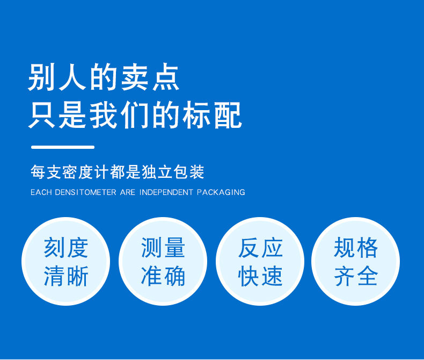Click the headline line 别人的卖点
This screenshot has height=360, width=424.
pyautogui.click(x=104, y=77)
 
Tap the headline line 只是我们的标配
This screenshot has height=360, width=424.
pyautogui.click(x=135, y=115)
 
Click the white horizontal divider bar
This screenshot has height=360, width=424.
pyautogui.click(x=63, y=147)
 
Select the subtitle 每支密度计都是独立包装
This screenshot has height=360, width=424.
pyautogui.click(x=118, y=172)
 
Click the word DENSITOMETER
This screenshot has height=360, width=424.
pyautogui.click(x=85, y=192)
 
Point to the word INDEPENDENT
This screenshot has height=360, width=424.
pyautogui.click(x=166, y=192)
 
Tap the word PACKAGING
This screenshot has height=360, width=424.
pyautogui.click(x=221, y=192)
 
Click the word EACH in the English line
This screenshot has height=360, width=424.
pyautogui.click(x=41, y=192)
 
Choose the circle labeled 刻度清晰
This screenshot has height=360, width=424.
pyautogui.click(x=65, y=262)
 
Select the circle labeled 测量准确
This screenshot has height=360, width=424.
pyautogui.click(x=163, y=262)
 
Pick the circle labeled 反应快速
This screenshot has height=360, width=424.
pyautogui.click(x=260, y=262)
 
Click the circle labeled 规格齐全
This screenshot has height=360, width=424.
pyautogui.click(x=356, y=262)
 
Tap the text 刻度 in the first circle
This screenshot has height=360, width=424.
pyautogui.click(x=66, y=247)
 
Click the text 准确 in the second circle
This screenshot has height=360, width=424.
pyautogui.click(x=163, y=276)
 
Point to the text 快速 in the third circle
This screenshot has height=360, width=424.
pyautogui.click(x=260, y=276)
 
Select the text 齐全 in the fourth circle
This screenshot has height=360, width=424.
pyautogui.click(x=356, y=276)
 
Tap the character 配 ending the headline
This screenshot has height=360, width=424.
pyautogui.click(x=228, y=115)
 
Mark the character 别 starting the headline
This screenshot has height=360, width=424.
pyautogui.click(x=41, y=77)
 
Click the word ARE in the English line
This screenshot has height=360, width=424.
pyautogui.click(x=128, y=192)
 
